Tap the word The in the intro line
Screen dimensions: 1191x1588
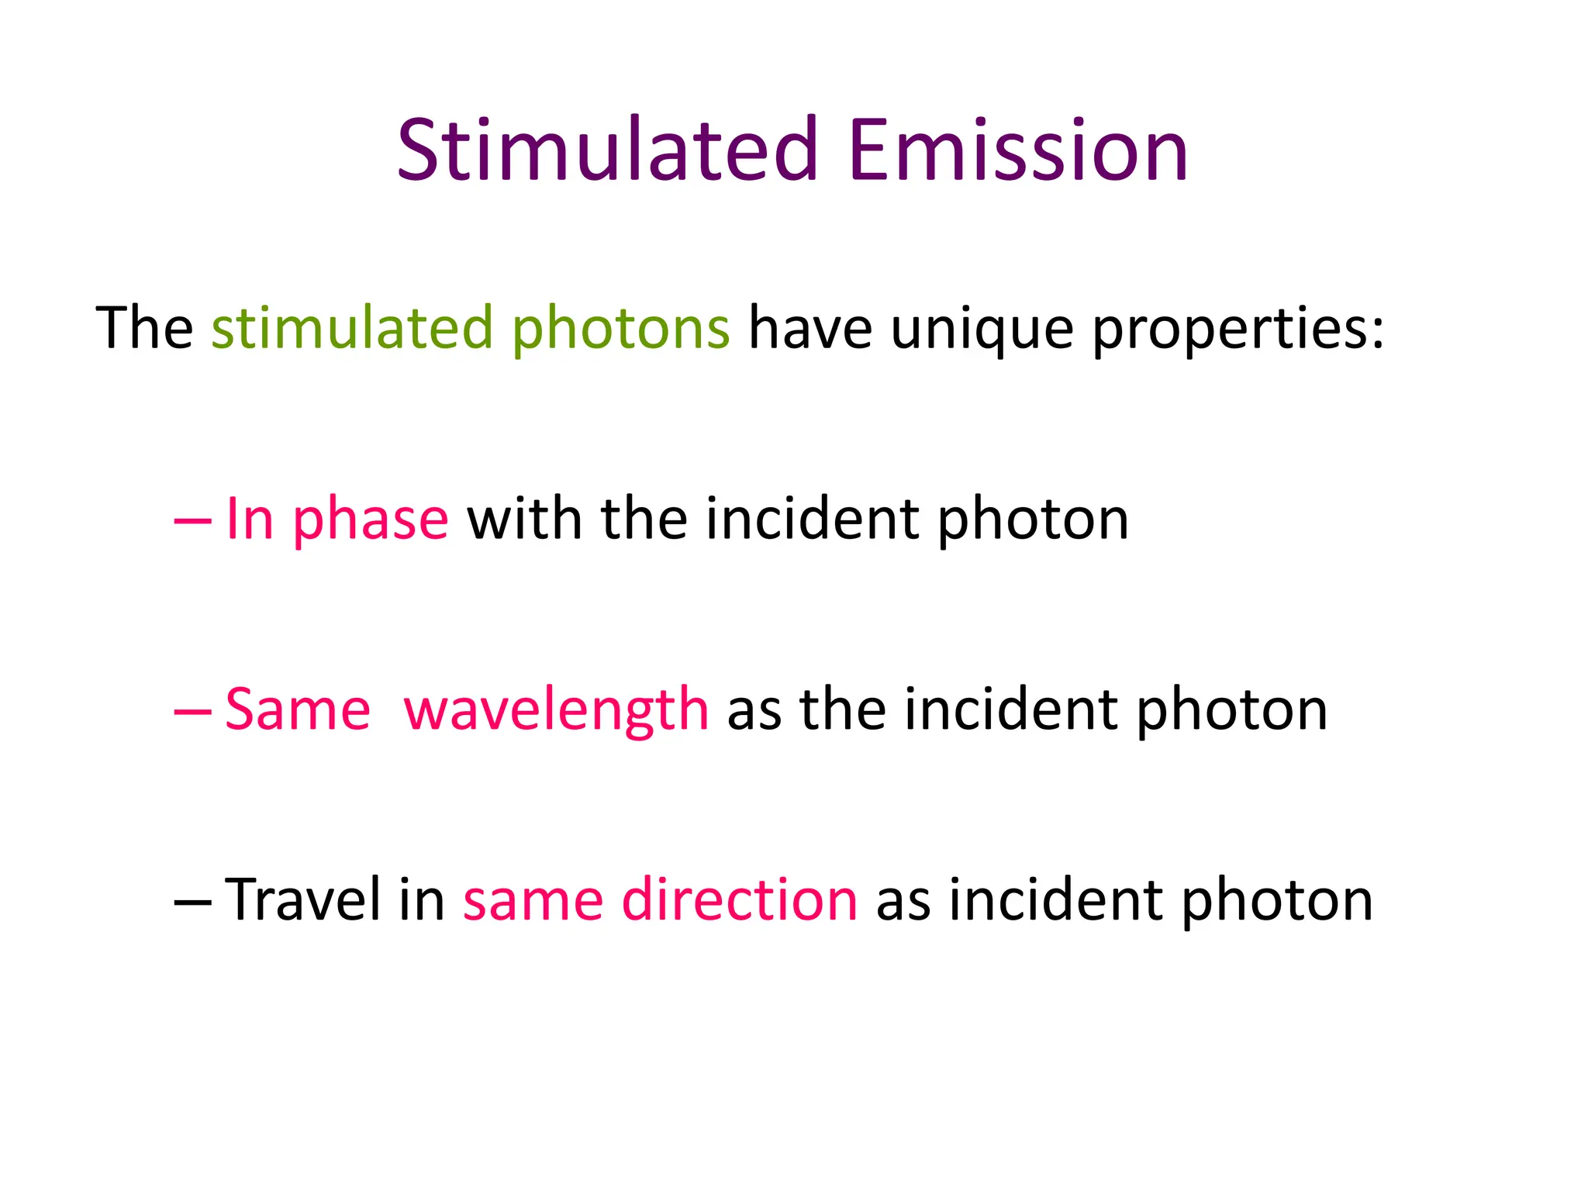coord(144,328)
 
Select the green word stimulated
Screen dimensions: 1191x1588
coord(352,328)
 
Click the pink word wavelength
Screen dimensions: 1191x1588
coord(556,710)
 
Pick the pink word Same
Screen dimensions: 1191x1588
coord(298,710)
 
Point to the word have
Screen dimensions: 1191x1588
coord(810,328)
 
